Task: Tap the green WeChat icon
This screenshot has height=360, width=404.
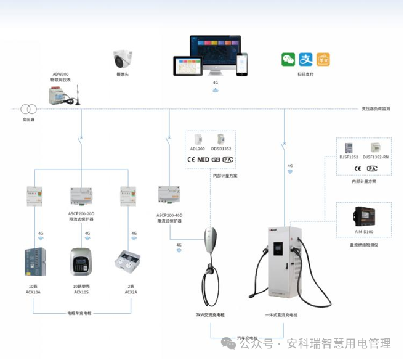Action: tap(288, 59)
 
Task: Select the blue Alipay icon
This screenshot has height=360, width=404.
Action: tap(305, 59)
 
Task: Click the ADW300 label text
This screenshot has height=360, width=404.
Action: tap(60, 73)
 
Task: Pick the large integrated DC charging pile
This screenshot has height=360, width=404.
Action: tap(280, 265)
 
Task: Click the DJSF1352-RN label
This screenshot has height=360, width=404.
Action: tap(376, 157)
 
